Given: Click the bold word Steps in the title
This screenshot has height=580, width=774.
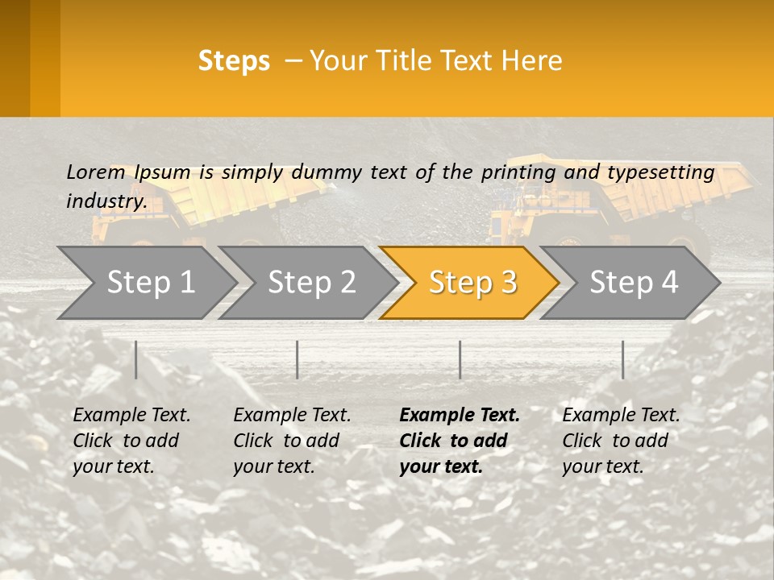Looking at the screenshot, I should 234,61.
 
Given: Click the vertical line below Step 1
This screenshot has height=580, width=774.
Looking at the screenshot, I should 136,359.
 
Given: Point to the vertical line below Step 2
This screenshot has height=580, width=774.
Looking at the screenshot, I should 298,359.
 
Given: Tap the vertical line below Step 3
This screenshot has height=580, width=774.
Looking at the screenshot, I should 460,359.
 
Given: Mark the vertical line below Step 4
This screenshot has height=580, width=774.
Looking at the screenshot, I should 622,359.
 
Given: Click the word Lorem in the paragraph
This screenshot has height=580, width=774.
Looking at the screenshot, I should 95,172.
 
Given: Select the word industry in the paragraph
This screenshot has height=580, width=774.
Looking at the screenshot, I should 106,201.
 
